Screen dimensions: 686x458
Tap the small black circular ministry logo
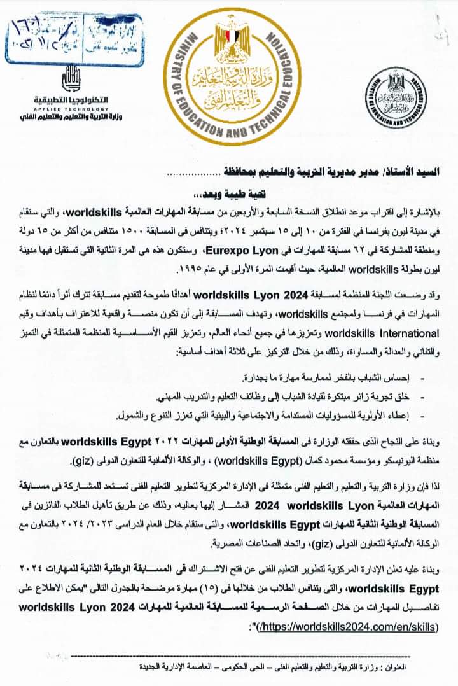tap(400, 101)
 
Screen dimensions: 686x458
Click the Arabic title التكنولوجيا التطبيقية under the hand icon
tap(64, 101)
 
